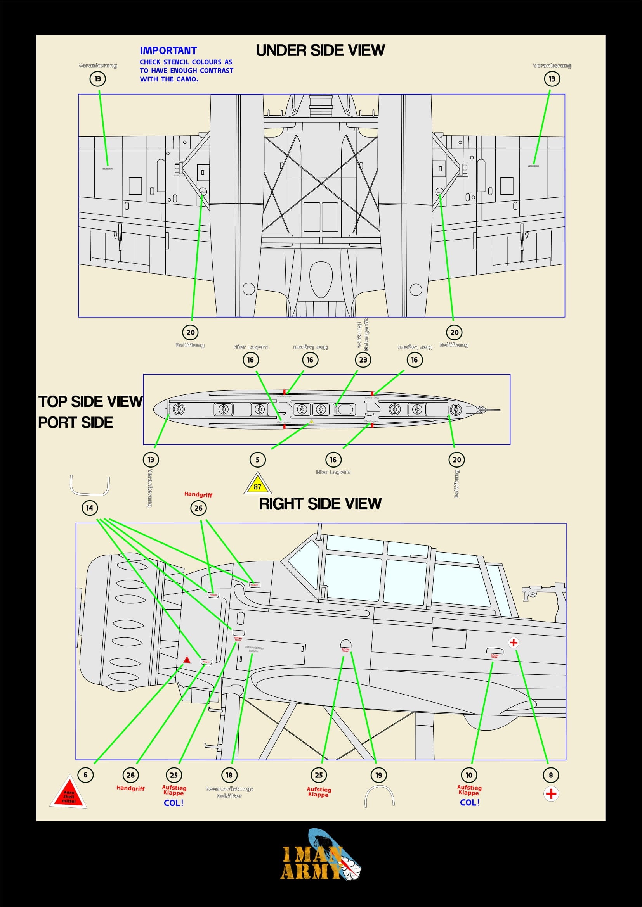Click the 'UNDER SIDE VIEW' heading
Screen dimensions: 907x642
tap(320, 50)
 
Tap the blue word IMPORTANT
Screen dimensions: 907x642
tap(168, 50)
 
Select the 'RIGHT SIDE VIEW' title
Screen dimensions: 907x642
tap(320, 504)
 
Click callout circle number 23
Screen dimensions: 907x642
tap(363, 359)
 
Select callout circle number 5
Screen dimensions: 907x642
tap(257, 460)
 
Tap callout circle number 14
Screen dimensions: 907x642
tap(90, 508)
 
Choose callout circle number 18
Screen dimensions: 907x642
tap(229, 775)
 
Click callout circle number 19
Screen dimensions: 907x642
tap(379, 775)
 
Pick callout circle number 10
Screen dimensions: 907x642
tap(469, 775)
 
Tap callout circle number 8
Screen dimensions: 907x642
tap(551, 775)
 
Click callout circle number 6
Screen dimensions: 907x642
tap(85, 775)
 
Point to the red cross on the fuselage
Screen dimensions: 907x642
tap(513, 643)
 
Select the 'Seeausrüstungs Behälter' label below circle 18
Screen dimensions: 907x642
tap(229, 792)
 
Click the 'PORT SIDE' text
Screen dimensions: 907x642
tap(76, 422)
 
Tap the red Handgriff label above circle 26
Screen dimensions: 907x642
tap(198, 494)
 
